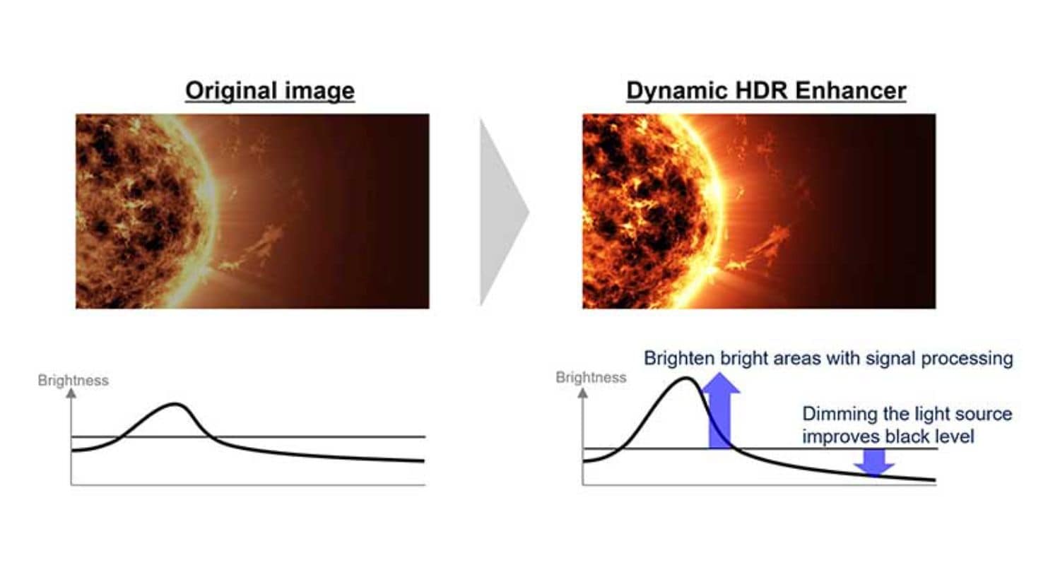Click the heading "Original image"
coord(270,91)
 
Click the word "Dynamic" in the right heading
coord(677,91)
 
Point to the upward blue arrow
coord(720,410)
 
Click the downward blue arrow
coord(874,462)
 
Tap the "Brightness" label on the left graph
coord(73,380)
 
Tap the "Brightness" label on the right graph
coord(591,377)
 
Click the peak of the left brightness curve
coord(175,404)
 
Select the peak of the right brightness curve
coord(685,378)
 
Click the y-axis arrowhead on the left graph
coord(71,393)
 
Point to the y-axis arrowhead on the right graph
coord(583,393)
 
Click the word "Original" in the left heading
coord(231,91)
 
